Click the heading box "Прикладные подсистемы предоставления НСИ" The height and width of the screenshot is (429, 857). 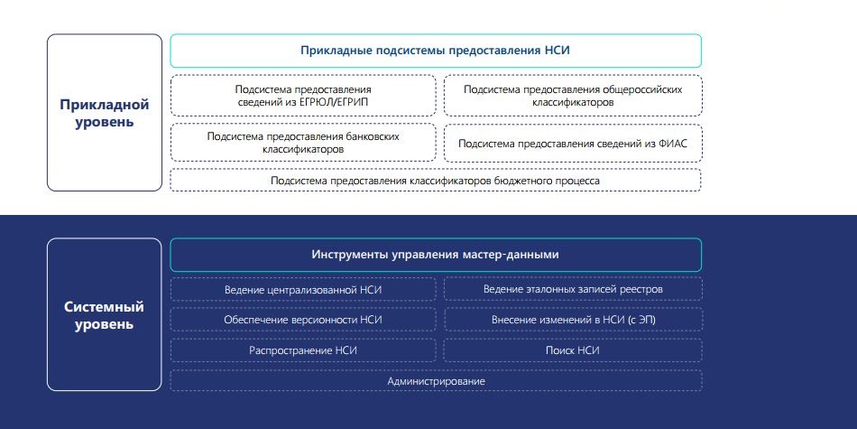click(436, 51)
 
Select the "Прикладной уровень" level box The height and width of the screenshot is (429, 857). click(105, 113)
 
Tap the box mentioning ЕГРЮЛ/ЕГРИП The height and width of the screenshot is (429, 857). click(303, 96)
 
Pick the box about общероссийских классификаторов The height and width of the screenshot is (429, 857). click(573, 96)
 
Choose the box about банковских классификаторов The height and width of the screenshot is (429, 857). click(303, 143)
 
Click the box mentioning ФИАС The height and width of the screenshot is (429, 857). click(573, 144)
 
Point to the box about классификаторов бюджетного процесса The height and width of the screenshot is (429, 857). click(436, 180)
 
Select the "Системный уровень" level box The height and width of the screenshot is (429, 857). click(105, 314)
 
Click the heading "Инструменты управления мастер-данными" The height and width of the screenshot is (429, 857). click(436, 255)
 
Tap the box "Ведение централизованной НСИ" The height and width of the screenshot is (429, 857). click(303, 289)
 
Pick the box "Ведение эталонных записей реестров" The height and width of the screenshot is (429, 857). click(573, 289)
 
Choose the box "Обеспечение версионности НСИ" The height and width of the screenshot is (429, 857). click(303, 320)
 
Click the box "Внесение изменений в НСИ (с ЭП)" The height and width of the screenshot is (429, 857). click(573, 320)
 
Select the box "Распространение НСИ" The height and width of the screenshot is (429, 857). click(303, 350)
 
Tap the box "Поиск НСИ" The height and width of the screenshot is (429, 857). click(573, 350)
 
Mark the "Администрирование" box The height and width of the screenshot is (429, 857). click(436, 381)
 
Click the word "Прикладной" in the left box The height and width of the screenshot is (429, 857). click(105, 105)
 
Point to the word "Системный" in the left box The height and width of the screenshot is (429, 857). click(105, 307)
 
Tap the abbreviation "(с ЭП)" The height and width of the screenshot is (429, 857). click(641, 320)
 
